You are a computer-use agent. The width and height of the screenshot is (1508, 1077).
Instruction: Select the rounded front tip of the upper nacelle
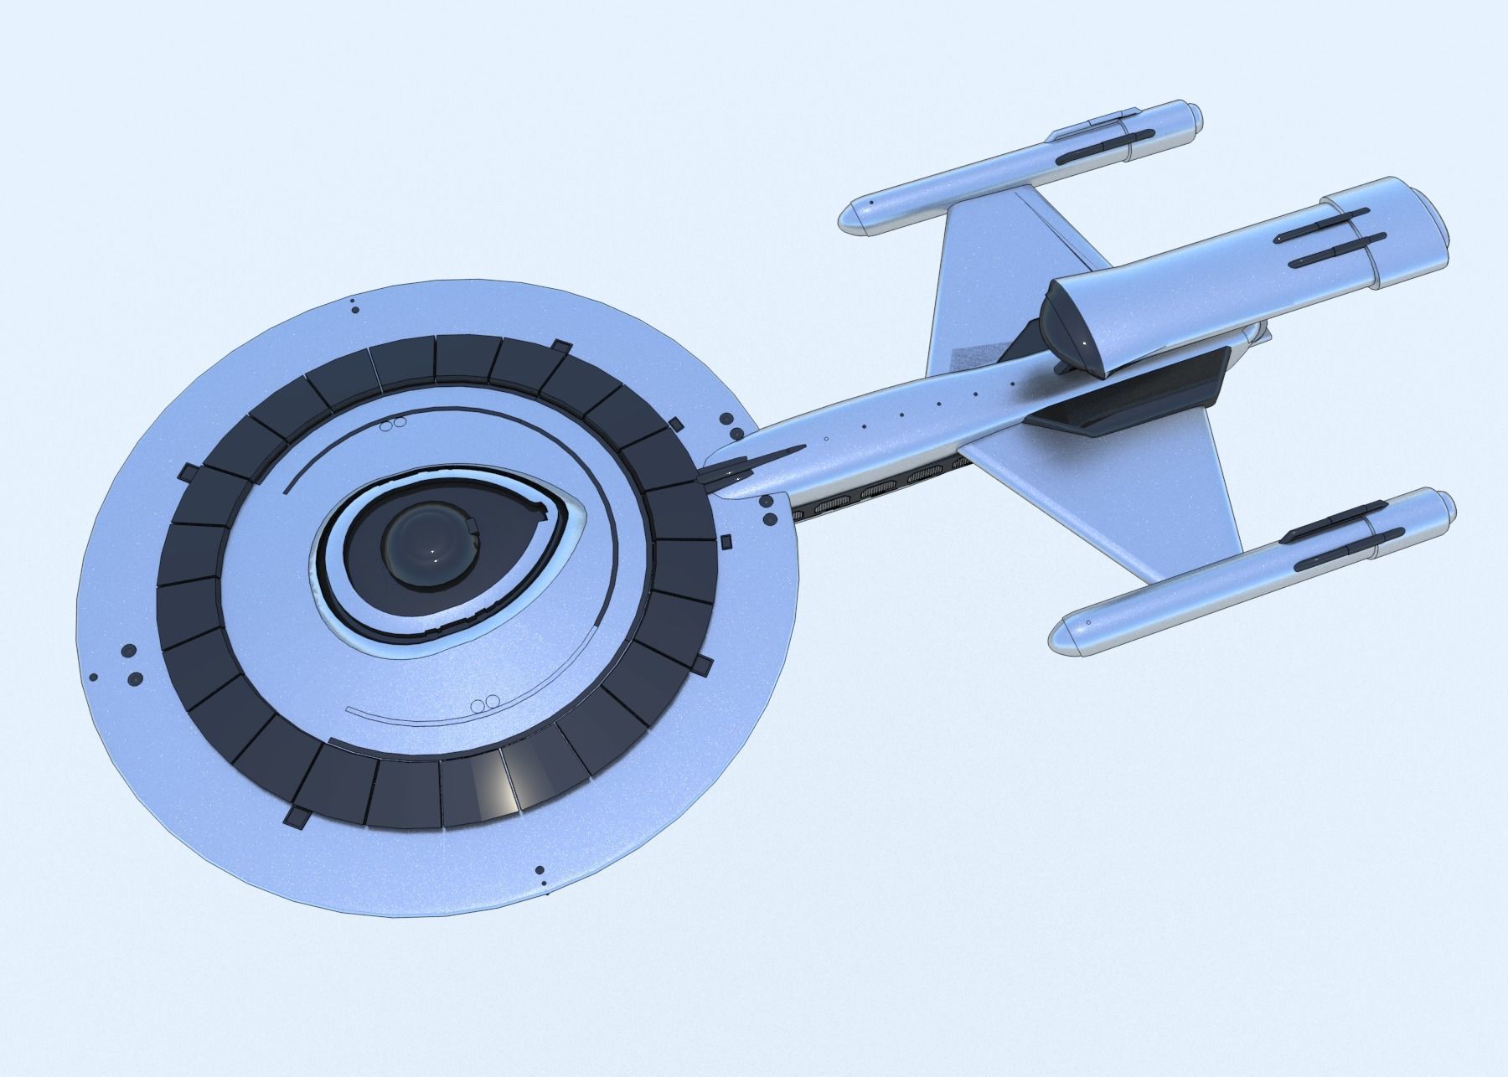pos(855,217)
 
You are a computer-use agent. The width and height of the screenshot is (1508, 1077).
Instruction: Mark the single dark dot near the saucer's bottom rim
pos(539,871)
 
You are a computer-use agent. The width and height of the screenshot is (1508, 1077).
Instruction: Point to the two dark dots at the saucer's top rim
pos(354,307)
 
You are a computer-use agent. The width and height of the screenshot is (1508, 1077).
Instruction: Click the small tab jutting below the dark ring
pos(297,815)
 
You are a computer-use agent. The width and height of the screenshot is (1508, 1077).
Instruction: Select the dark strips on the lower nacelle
pos(1332,536)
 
